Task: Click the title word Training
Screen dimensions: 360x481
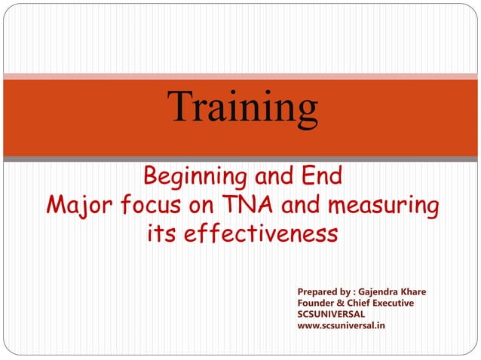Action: pyautogui.click(x=243, y=108)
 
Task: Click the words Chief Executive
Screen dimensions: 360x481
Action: pyautogui.click(x=381, y=303)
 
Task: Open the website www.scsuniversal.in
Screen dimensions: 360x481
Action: pyautogui.click(x=342, y=326)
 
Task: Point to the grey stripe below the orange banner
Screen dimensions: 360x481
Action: pyautogui.click(x=240, y=159)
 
